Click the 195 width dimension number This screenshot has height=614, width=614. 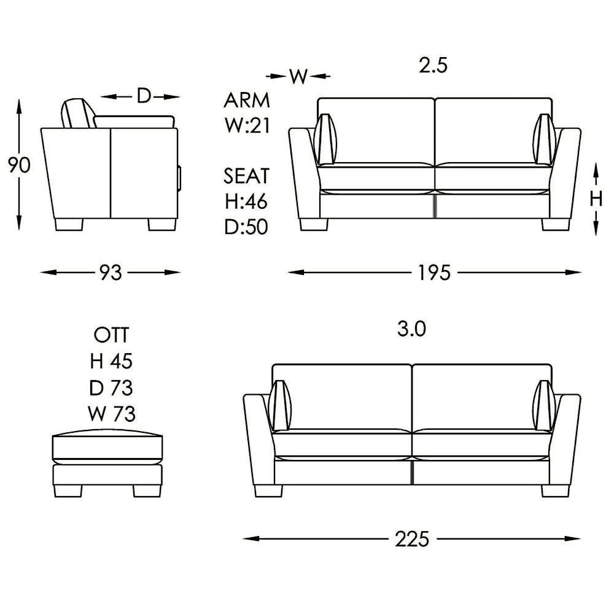click(435, 272)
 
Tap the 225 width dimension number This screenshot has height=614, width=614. click(411, 539)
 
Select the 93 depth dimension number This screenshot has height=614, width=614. click(111, 272)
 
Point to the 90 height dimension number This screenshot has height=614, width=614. click(19, 165)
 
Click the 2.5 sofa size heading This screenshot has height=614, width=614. click(433, 66)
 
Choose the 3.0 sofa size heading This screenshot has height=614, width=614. click(411, 330)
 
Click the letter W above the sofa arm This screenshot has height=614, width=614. click(298, 76)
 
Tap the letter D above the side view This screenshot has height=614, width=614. click(143, 96)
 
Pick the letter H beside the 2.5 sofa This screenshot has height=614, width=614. click(596, 198)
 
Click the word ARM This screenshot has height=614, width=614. click(247, 100)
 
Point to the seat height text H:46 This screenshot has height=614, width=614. click(247, 201)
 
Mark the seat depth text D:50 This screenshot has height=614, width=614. click(247, 227)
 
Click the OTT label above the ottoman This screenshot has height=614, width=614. click(111, 335)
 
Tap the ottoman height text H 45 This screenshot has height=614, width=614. click(111, 362)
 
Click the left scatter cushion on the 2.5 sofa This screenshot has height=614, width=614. click(325, 139)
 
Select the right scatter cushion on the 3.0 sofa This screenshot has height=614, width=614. click(544, 406)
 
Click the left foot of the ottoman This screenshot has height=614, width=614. click(68, 491)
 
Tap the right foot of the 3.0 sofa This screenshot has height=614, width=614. click(555, 491)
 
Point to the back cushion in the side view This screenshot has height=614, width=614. click(77, 114)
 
